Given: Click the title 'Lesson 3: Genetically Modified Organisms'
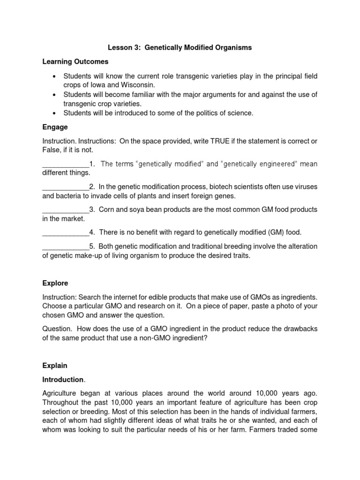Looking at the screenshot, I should coord(180,47).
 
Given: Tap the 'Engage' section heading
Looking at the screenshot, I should coord(55,127).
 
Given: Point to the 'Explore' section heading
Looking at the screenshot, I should coord(55,283).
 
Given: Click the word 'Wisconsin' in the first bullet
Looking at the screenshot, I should coord(136,84).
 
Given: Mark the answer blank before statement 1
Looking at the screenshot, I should coord(65,164).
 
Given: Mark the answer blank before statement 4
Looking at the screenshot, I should coord(65,232).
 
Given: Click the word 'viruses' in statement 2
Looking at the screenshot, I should coord(305,187).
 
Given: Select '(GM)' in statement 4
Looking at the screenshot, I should coord(268,232).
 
